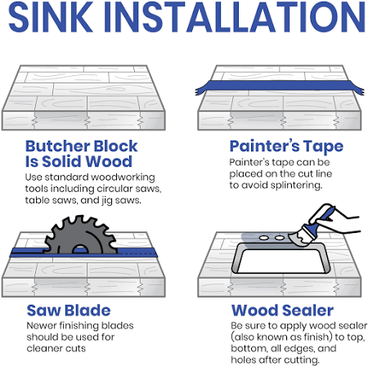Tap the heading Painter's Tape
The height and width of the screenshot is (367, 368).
(x=286, y=146)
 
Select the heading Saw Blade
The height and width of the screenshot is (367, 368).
(x=69, y=311)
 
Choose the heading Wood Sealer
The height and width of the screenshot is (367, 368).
(x=282, y=311)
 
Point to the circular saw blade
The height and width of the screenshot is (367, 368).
(x=81, y=235)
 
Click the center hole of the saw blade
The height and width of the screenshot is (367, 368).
(x=79, y=249)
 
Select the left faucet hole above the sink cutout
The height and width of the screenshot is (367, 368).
(x=264, y=238)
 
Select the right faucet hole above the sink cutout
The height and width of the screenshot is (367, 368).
(x=280, y=238)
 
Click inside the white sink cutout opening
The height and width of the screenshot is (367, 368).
(x=280, y=261)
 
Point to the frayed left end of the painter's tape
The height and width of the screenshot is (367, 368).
(x=200, y=90)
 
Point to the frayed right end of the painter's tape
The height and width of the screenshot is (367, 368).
(x=358, y=89)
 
